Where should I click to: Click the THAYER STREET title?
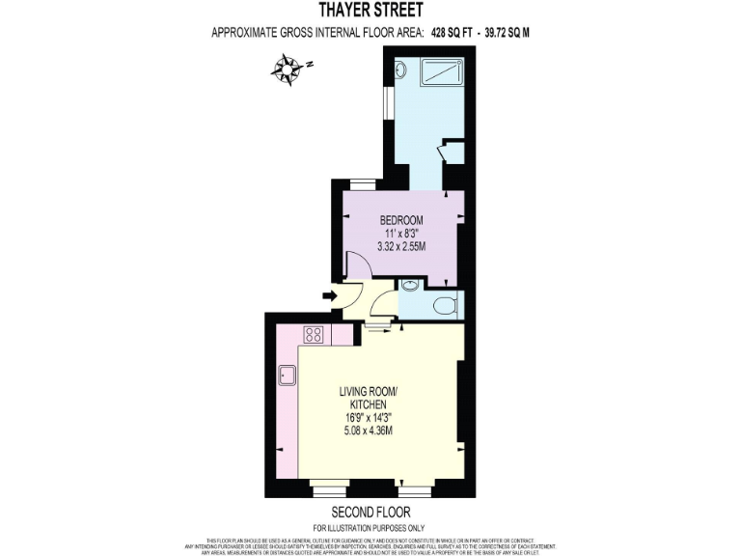370,12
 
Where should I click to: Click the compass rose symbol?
287,69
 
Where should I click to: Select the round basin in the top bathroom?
401,70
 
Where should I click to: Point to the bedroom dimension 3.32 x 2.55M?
401,248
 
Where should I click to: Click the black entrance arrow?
331,295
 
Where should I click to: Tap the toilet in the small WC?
445,305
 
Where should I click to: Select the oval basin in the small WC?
409,286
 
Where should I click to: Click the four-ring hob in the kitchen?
315,335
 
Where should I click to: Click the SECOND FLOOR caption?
370,512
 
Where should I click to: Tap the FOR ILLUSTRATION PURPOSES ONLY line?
370,526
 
